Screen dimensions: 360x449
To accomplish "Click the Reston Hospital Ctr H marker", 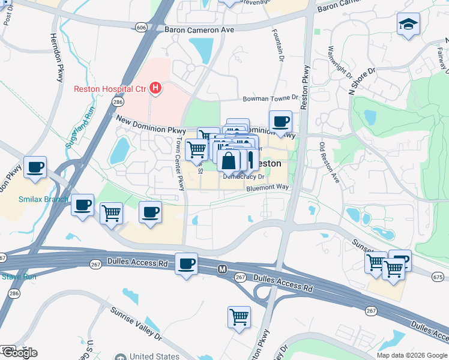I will coord(155,89).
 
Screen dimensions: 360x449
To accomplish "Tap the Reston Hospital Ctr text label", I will coord(110,89).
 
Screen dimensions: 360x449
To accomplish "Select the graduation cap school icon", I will coord(408,25).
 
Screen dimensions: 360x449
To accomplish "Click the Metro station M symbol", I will coord(221,269).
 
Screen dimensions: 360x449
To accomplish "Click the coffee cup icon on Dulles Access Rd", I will coord(187,263).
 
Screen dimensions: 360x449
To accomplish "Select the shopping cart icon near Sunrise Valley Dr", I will coord(239,317).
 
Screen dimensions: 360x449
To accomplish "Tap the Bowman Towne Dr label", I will coord(270,98).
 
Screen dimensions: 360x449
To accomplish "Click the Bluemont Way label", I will coord(268,188).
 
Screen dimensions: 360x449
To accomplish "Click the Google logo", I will coord(19,353).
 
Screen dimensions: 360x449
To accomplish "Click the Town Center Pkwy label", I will coord(179,164).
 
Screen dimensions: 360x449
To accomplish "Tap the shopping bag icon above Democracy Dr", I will coord(229,161).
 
